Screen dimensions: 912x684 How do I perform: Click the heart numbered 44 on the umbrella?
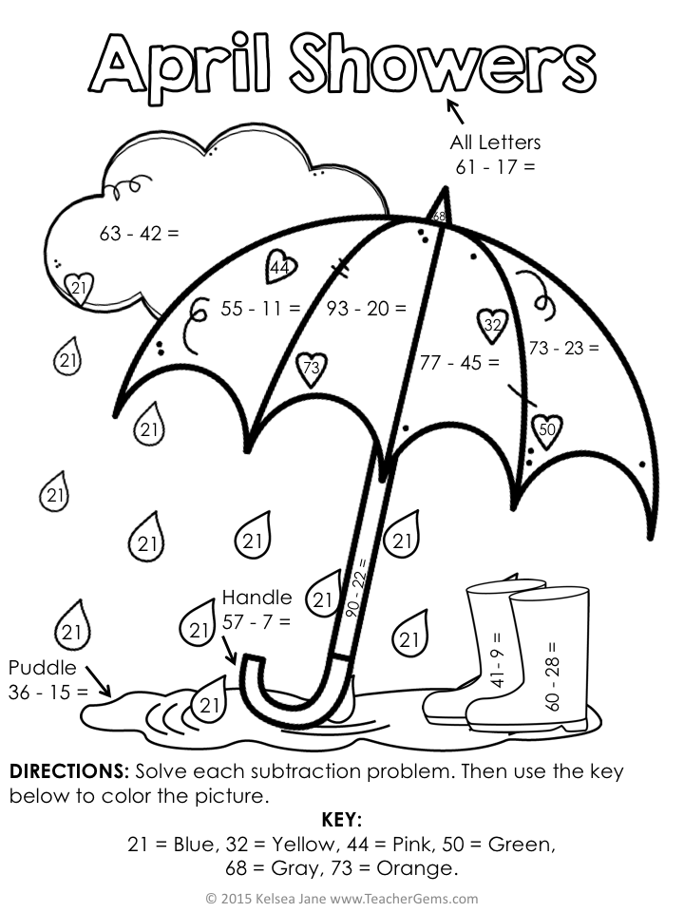click(278, 267)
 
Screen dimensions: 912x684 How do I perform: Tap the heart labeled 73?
click(310, 368)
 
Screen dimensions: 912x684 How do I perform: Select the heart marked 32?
click(491, 325)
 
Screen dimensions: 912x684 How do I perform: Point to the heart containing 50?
click(545, 429)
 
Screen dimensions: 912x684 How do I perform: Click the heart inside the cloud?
click(80, 286)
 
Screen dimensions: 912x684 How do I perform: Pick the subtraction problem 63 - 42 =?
click(139, 233)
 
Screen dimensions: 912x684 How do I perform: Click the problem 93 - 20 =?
click(366, 308)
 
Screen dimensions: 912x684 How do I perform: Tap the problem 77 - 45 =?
click(459, 362)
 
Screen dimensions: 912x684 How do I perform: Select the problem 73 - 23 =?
click(563, 348)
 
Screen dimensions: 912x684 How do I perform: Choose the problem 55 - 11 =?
click(260, 308)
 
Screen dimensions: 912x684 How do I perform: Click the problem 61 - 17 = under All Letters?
click(495, 165)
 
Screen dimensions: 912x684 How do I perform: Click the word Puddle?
click(42, 668)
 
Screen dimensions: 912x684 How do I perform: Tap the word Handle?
click(256, 598)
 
